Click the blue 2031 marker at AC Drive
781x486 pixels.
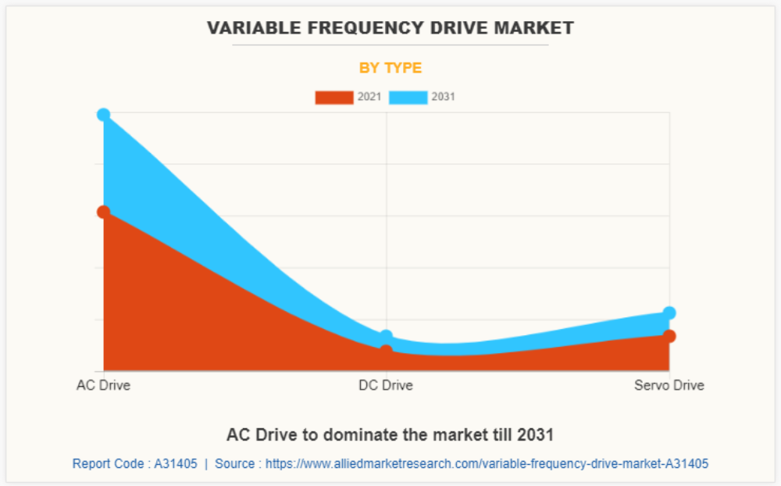(103, 115)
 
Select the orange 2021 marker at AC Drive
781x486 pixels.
(103, 212)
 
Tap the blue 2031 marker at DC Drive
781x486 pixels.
(386, 337)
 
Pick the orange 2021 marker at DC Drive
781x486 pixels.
(386, 351)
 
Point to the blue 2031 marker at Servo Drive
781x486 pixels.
(669, 313)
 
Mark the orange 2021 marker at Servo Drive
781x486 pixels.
(669, 336)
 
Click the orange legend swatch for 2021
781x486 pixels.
(333, 98)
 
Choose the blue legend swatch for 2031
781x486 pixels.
(408, 98)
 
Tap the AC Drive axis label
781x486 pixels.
(103, 385)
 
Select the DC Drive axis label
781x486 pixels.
(386, 385)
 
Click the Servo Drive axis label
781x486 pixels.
(669, 385)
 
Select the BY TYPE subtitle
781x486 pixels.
(390, 68)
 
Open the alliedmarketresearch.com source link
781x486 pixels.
(487, 463)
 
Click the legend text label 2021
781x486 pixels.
(369, 98)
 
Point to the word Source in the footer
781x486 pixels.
(234, 463)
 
